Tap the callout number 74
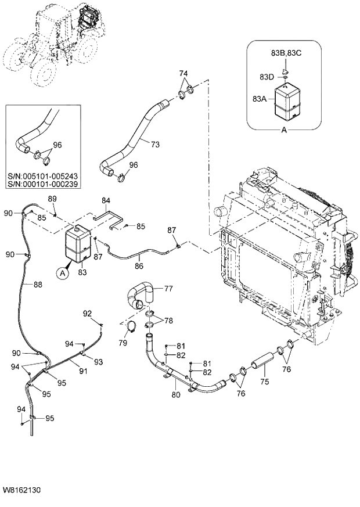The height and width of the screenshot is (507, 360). pos(183,74)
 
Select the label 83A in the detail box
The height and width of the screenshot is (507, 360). pos(260,99)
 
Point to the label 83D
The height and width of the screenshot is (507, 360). pos(267,77)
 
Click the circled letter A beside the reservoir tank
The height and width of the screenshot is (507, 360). pos(62,271)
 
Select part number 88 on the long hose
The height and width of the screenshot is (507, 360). pos(38,285)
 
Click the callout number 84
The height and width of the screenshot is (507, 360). pos(106,201)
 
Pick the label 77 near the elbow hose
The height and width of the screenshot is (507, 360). pos(168,287)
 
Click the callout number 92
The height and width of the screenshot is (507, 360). pos(87,314)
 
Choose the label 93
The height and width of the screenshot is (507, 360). pos(98,362)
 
